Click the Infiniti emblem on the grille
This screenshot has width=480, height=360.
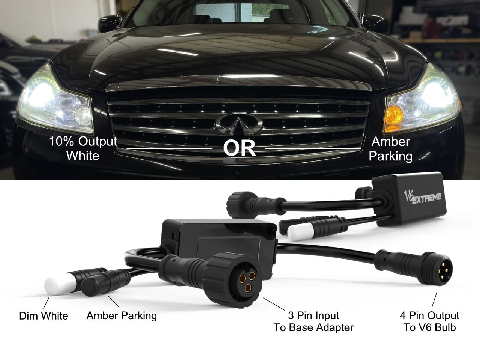(239, 124)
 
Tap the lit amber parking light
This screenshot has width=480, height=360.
(394, 115)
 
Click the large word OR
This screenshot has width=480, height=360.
(239, 148)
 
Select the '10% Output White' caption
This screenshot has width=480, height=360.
(83, 148)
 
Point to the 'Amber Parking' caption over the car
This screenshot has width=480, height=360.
(390, 149)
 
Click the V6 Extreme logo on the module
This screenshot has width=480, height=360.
(422, 197)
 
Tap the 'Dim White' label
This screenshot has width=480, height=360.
(43, 316)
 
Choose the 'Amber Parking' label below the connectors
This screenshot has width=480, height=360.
(121, 316)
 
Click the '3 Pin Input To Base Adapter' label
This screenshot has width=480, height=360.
(313, 321)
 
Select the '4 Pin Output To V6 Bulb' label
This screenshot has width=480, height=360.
(429, 321)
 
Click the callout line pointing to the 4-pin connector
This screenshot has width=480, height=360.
(435, 299)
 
